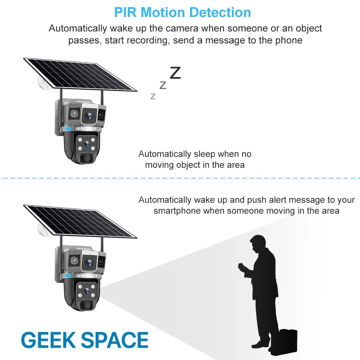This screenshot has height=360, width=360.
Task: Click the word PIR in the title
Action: (x=126, y=12)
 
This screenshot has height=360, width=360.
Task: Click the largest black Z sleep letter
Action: (x=175, y=73)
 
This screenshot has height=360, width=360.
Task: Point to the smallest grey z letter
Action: (x=153, y=96)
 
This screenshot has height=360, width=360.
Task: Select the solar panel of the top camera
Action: (x=80, y=74)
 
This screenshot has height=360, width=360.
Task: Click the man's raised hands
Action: (x=241, y=268)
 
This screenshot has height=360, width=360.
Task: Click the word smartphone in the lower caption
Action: (x=177, y=211)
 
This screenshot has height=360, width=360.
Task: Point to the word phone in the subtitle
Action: (x=288, y=40)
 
